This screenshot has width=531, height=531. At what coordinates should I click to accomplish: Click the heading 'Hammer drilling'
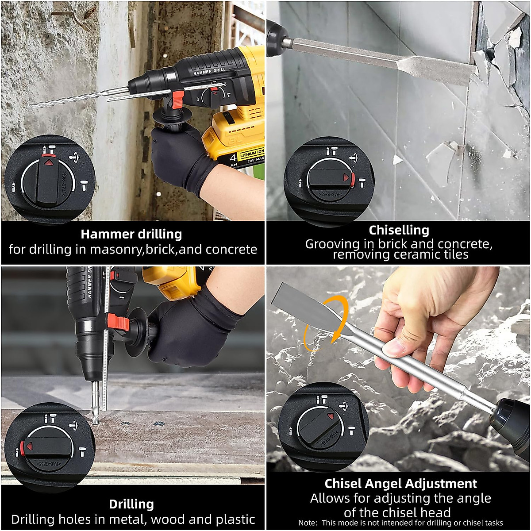click(x=131, y=234)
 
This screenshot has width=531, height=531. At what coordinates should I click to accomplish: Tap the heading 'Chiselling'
click(x=399, y=230)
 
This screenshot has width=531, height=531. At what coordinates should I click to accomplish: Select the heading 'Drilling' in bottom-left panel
click(x=131, y=504)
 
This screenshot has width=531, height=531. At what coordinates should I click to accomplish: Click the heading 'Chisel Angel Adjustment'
click(x=400, y=483)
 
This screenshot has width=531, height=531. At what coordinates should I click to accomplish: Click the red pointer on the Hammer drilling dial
click(x=49, y=162)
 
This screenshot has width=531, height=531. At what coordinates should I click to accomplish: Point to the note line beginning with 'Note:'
click(x=400, y=523)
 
